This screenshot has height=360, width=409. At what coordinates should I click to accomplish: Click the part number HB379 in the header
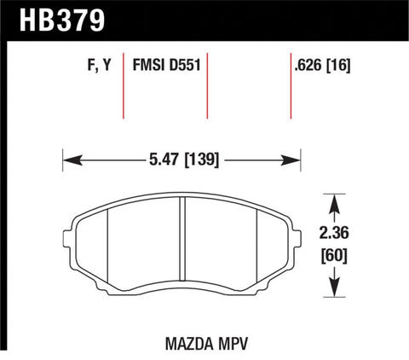pos(50,17)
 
